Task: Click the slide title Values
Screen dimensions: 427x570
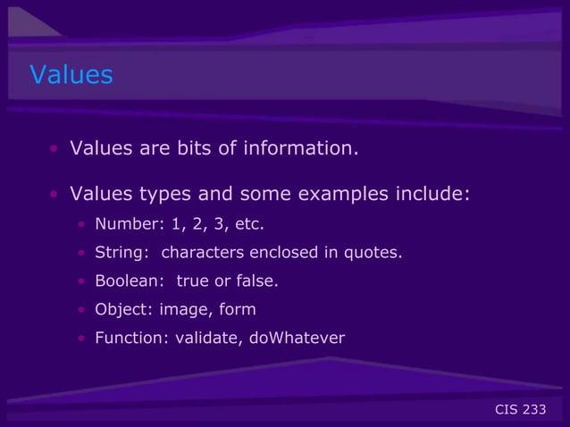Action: (x=71, y=74)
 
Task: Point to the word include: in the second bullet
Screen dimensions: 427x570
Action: (x=434, y=194)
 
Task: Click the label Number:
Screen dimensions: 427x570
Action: (x=124, y=223)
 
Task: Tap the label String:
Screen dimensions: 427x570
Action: (x=121, y=252)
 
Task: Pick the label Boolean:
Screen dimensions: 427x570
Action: (x=129, y=281)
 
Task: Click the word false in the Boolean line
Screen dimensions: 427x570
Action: (x=256, y=281)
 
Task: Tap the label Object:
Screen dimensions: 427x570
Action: (x=120, y=310)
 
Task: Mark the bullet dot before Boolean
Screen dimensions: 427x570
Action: (x=80, y=282)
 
